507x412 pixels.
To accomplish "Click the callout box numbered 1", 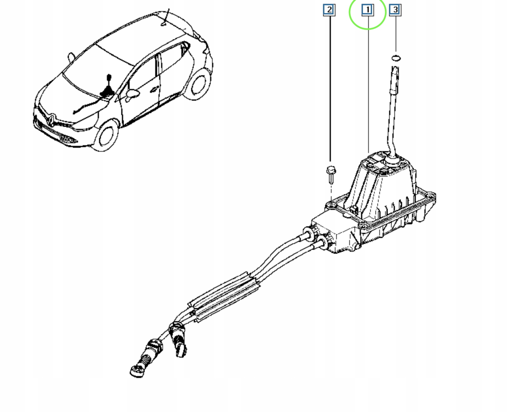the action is point(368,10).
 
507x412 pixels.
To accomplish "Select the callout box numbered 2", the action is point(329,10).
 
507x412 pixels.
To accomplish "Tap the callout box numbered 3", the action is point(395,10).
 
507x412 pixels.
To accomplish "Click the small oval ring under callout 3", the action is point(396,58).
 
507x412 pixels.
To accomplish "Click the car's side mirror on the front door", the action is point(133,94).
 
